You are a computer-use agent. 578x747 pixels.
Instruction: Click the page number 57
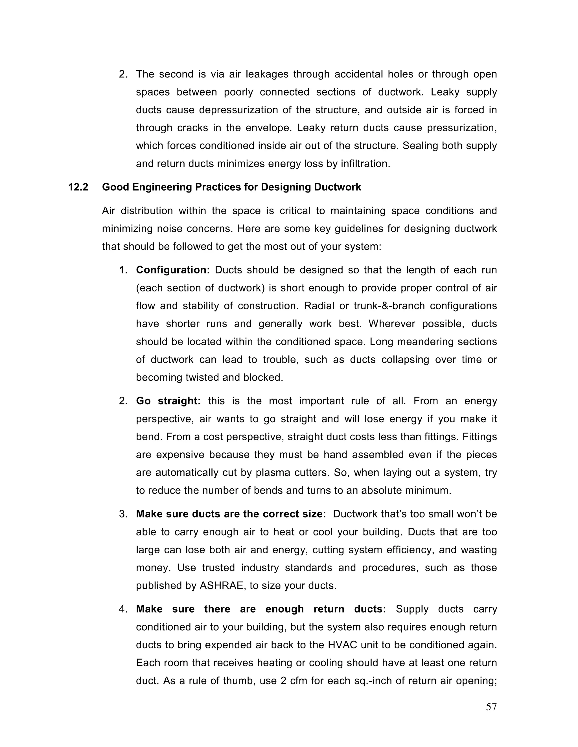pos(491,707)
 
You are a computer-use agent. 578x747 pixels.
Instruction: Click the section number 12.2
pos(78,187)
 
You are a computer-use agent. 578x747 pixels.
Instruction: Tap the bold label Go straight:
pos(168,401)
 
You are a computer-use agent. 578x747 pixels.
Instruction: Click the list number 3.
pos(123,514)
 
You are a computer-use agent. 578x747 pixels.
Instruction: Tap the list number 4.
pos(123,609)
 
